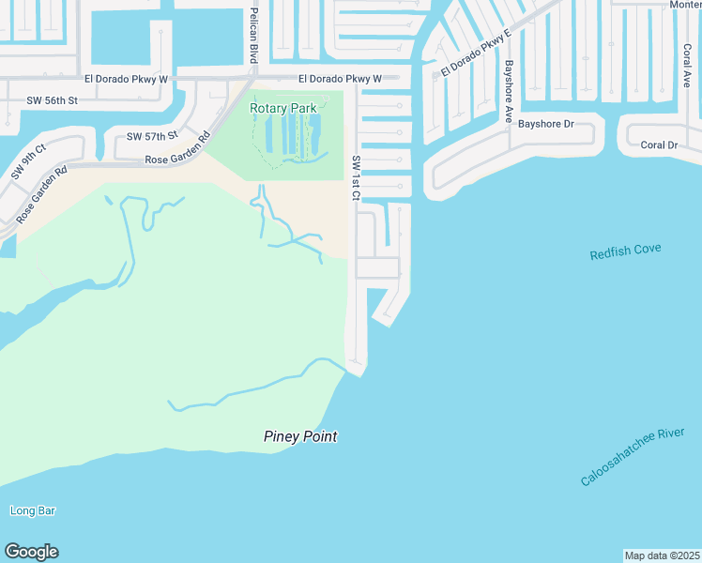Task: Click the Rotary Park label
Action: pos(282,108)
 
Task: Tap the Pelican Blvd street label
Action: pos(253,35)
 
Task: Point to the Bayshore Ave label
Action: pos(509,92)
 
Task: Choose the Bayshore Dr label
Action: pos(545,124)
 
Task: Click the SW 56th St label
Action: pos(52,99)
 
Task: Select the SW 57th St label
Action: pos(152,137)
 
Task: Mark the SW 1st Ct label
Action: pos(356,177)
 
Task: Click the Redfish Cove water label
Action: pos(625,251)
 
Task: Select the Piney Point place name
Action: pos(299,436)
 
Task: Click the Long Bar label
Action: pos(33,510)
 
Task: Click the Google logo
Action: pos(31,552)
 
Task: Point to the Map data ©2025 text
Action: pos(663,555)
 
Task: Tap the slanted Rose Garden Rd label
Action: pos(42,194)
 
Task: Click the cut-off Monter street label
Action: pos(684,5)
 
